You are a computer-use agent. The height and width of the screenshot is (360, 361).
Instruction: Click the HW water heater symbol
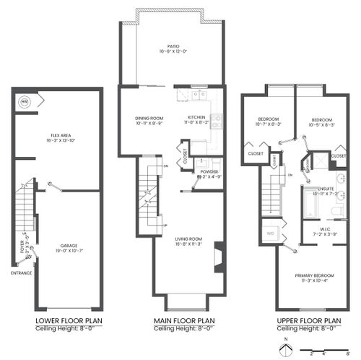24,101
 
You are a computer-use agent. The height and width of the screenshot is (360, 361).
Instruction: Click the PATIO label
173,48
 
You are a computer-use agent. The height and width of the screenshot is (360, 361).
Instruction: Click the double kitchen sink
198,94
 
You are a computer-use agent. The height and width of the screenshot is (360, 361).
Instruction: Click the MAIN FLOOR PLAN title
185,320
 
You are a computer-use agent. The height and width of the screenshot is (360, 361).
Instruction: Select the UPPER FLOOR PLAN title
308,320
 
